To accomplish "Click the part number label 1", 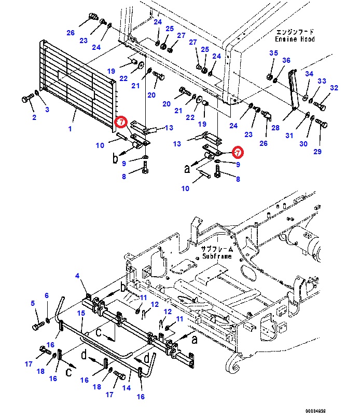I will [x=71, y=128].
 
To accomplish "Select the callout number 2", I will [x=34, y=118].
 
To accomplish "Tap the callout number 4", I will [x=78, y=276].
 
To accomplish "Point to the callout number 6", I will [x=46, y=296].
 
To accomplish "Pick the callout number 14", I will [x=126, y=388].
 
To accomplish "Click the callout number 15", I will [x=81, y=313].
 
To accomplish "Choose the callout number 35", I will [x=273, y=53].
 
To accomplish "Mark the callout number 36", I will [x=286, y=61].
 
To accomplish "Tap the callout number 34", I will [x=309, y=74].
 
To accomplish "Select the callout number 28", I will [x=275, y=127].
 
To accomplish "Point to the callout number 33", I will [x=322, y=81].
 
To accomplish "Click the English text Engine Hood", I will [x=295, y=39].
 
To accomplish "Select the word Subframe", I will [x=217, y=256].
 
